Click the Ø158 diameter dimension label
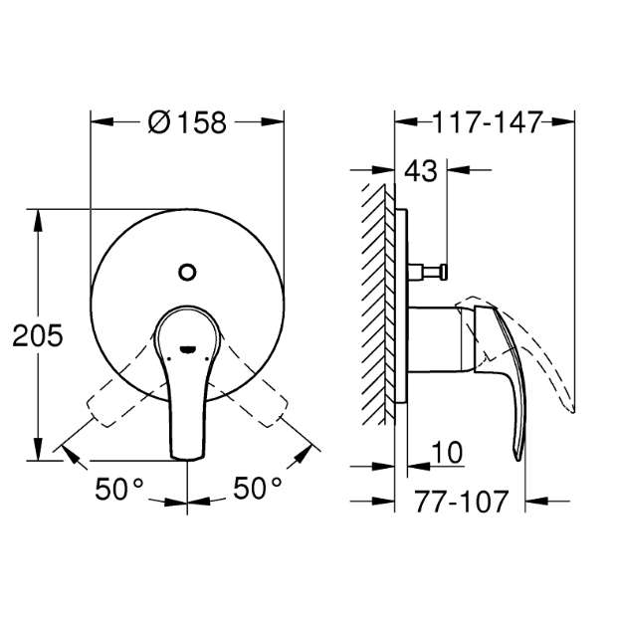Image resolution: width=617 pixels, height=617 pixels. point(187,122)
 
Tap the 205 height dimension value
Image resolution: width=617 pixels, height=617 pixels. point(38,335)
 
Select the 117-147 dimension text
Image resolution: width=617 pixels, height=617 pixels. point(488,122)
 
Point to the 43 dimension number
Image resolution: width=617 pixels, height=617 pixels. point(421,171)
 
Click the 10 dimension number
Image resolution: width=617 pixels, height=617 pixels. point(447,453)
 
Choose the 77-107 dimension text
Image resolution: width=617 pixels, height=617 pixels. point(461,502)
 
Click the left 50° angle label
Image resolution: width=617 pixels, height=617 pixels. point(118,489)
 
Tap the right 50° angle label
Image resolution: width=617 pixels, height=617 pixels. point(258,488)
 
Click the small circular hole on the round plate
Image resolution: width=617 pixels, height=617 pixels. point(187,272)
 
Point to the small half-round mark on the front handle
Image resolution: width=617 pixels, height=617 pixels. point(187,349)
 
